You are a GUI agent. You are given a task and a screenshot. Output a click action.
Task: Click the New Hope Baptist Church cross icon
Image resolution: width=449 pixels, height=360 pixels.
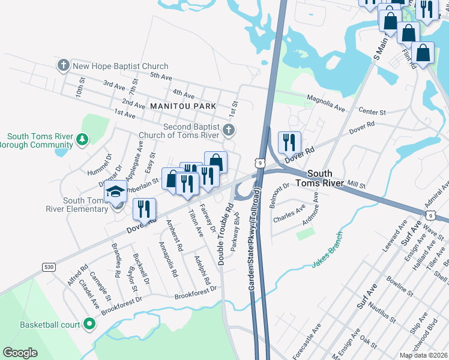(63, 65)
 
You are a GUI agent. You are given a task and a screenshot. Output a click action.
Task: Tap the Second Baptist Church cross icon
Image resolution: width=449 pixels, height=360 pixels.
(228, 130)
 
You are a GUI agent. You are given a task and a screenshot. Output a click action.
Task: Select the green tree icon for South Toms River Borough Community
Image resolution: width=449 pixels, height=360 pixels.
(82, 140)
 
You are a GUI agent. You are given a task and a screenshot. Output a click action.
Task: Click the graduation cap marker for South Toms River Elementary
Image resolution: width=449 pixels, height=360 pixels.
(116, 192)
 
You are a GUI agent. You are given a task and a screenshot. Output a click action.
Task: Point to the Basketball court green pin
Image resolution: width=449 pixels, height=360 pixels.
(89, 325)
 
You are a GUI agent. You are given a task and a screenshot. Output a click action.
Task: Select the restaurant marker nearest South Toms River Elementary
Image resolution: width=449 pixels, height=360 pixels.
(145, 209)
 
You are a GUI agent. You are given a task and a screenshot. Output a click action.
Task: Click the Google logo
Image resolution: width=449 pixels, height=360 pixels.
(20, 353)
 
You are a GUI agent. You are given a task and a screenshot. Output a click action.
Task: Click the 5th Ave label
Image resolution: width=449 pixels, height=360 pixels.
(161, 77)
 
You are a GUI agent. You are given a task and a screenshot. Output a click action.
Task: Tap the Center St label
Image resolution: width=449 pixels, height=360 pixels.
(372, 112)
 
